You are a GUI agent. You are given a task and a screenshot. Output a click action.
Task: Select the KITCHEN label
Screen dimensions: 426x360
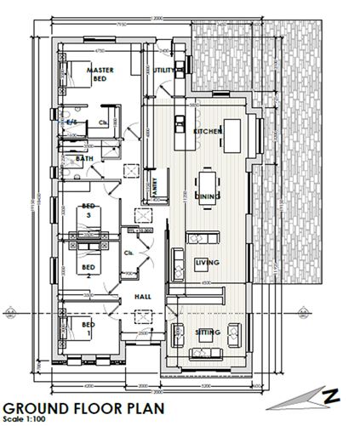(x=208, y=133)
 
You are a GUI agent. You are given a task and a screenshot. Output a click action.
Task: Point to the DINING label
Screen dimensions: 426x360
(x=208, y=196)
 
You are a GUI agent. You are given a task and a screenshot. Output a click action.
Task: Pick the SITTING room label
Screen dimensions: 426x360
(x=208, y=332)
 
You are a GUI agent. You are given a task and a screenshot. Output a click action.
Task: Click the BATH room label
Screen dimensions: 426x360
(x=83, y=158)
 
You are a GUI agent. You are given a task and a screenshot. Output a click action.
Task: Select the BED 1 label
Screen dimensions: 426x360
(x=88, y=328)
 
